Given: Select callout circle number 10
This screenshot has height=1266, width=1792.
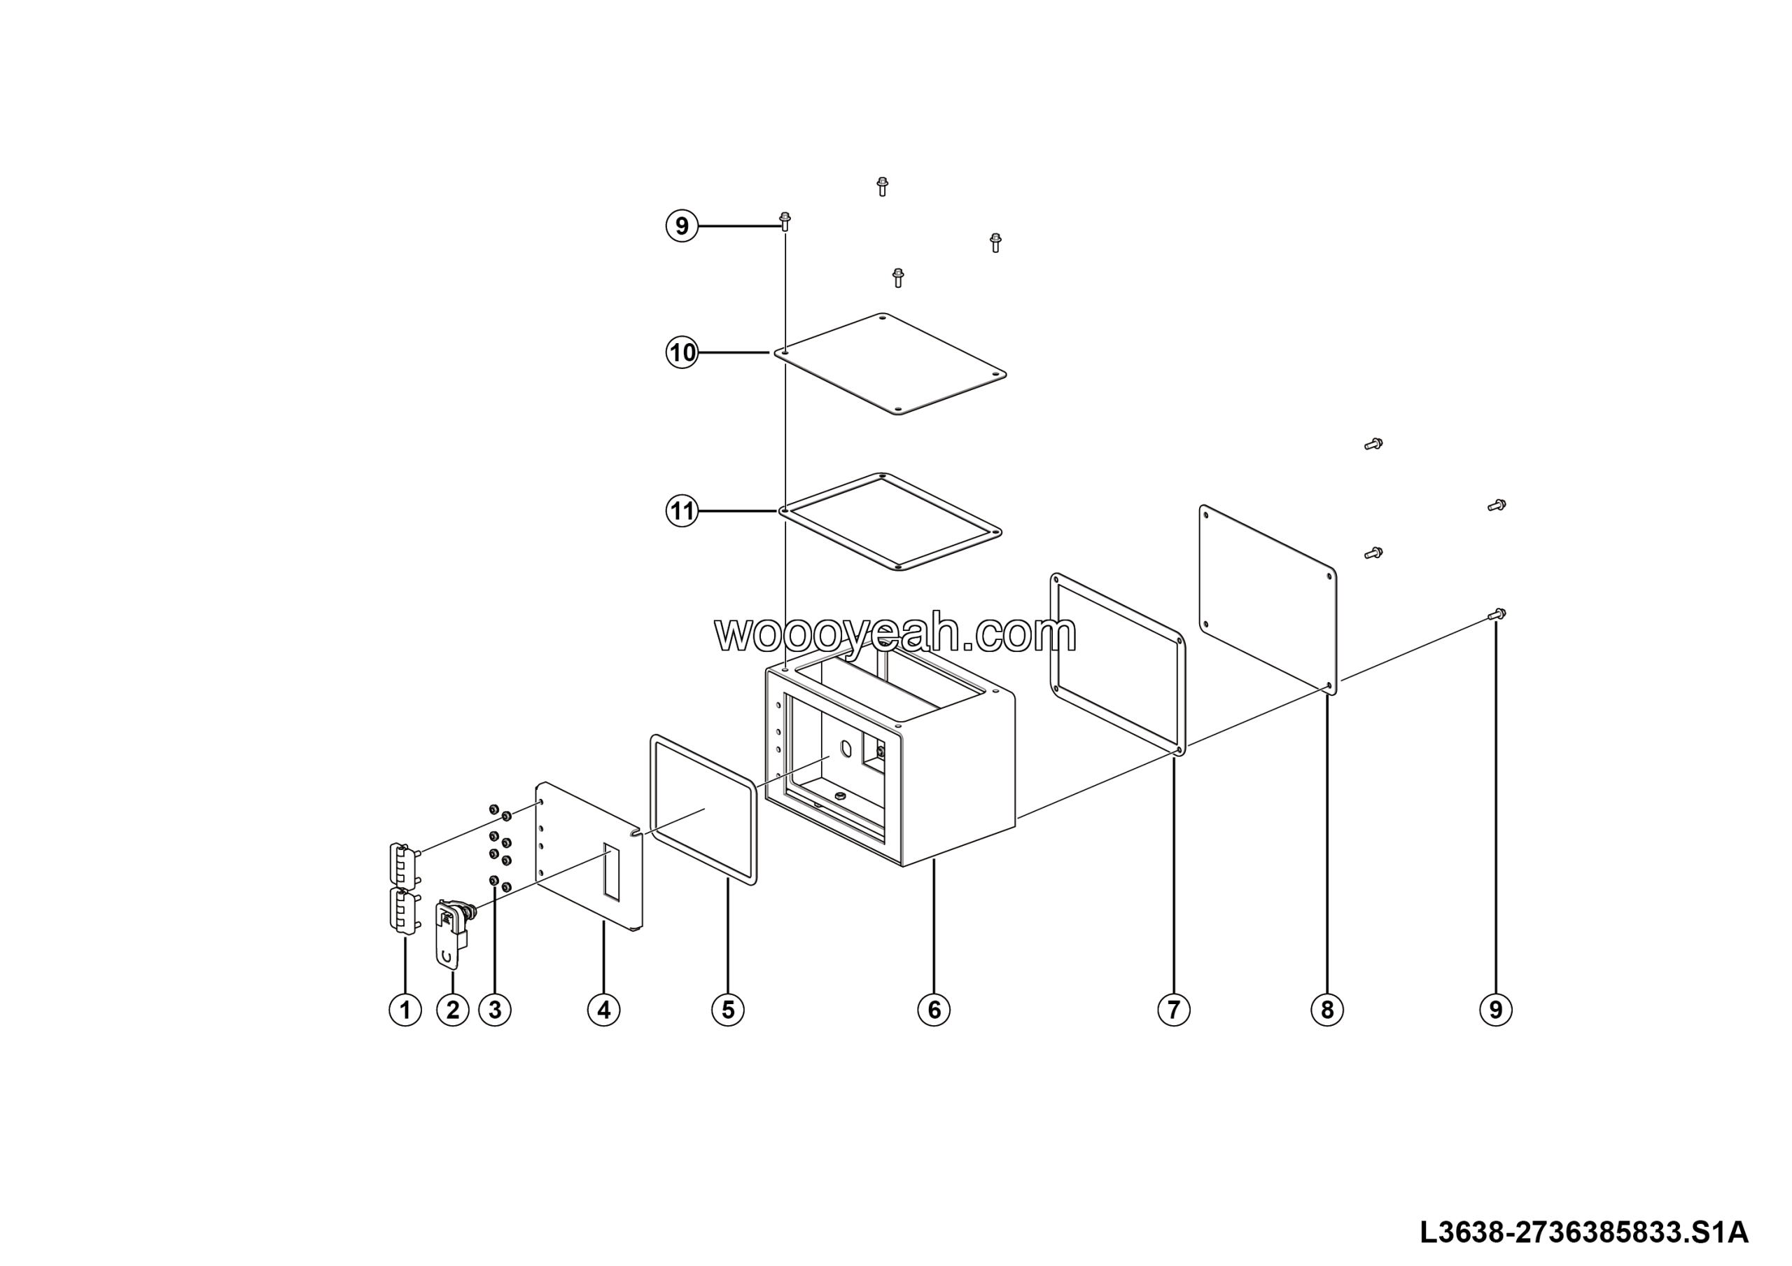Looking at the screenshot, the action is coord(681,353).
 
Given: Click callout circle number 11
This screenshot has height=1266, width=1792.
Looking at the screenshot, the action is coord(681,511).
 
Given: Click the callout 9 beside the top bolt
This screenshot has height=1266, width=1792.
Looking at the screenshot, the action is coord(681,226).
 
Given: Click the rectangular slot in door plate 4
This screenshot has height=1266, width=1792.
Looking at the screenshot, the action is coord(611,871).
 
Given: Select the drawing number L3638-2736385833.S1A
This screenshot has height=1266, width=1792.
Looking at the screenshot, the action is coord(1583,1233).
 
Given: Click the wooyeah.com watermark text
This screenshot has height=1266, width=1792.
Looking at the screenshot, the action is coord(895,634).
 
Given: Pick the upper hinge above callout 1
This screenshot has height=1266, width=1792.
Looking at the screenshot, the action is coord(401,864).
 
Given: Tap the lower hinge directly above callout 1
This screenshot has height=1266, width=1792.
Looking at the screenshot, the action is coord(401,911).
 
